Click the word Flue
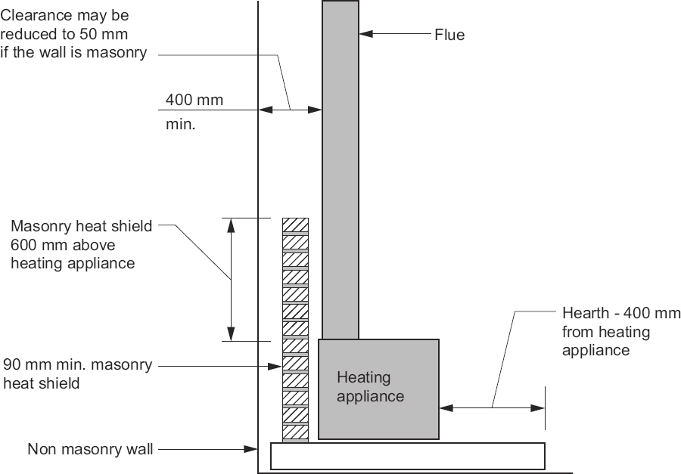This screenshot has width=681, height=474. point(449,35)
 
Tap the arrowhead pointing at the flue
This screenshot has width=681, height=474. point(364,34)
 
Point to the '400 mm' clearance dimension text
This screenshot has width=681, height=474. point(194,100)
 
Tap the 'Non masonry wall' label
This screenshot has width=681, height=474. point(90,449)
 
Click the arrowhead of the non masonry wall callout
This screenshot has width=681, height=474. point(253,449)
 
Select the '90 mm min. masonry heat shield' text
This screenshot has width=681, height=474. point(77,374)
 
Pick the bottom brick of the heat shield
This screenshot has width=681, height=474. point(295,433)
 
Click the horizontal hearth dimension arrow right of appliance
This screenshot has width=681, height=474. point(492,407)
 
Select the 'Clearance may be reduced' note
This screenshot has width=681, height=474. point(73,34)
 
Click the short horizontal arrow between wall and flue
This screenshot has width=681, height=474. point(291,110)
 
